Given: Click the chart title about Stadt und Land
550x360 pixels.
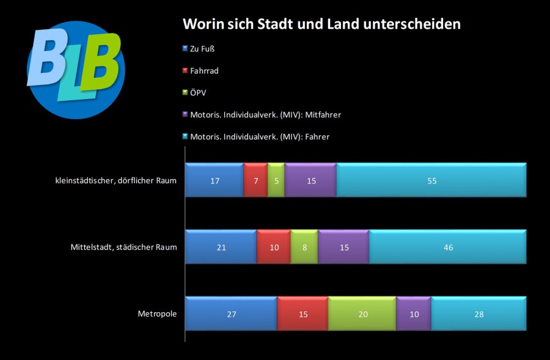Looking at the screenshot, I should click(x=322, y=24).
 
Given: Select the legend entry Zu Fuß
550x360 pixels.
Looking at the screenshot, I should click(x=202, y=49).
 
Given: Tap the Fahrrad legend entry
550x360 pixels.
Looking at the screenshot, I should click(x=204, y=71).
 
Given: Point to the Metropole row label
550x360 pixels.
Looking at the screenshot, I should click(x=157, y=314).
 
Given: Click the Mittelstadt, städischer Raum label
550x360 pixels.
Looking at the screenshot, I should click(x=124, y=247).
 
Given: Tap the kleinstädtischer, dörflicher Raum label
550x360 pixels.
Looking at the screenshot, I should click(x=115, y=180).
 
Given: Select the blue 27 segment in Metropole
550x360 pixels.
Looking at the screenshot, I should click(x=231, y=314).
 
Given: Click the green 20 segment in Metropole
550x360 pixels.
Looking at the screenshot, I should click(x=362, y=314).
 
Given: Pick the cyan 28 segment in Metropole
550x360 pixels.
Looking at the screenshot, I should click(x=479, y=314).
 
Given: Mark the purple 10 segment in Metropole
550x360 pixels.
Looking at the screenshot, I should click(x=414, y=314).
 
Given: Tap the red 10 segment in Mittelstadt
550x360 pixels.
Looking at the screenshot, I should click(x=274, y=247).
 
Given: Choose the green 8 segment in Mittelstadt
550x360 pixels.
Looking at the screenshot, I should click(x=304, y=247).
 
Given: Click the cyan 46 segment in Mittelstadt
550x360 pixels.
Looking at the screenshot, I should click(x=447, y=247).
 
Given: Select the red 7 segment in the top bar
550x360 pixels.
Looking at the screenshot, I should click(x=255, y=180).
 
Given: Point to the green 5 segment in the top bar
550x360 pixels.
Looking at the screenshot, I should click(x=276, y=180).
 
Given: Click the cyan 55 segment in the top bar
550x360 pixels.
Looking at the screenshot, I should click(x=431, y=180).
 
